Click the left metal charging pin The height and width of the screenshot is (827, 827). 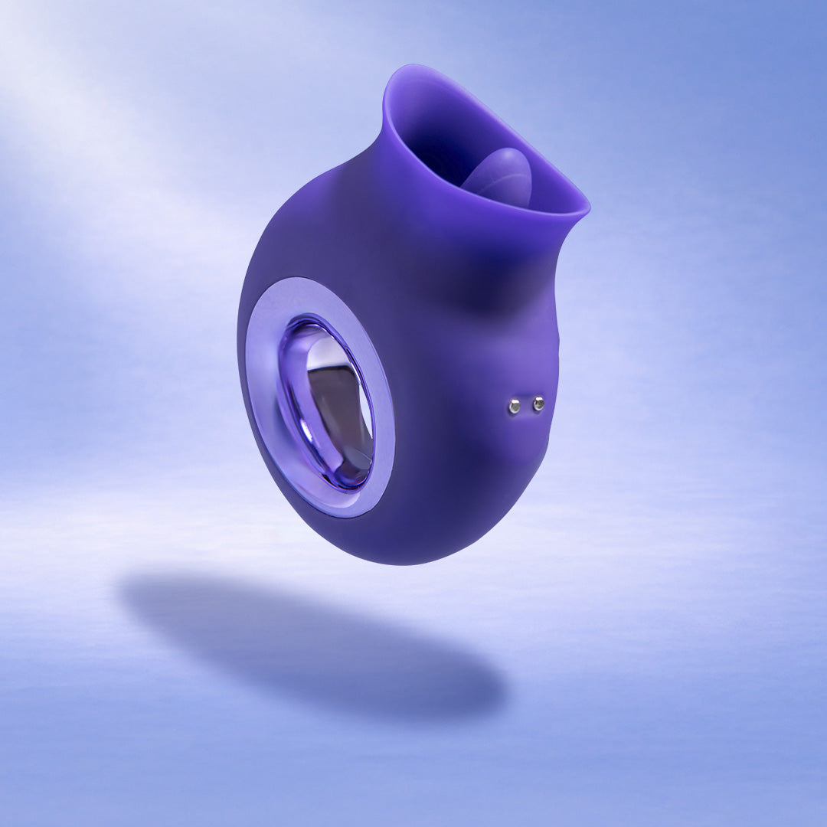click(514, 407)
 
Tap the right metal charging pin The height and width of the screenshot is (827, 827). click(538, 403)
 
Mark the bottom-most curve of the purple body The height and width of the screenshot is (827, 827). click(398, 563)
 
